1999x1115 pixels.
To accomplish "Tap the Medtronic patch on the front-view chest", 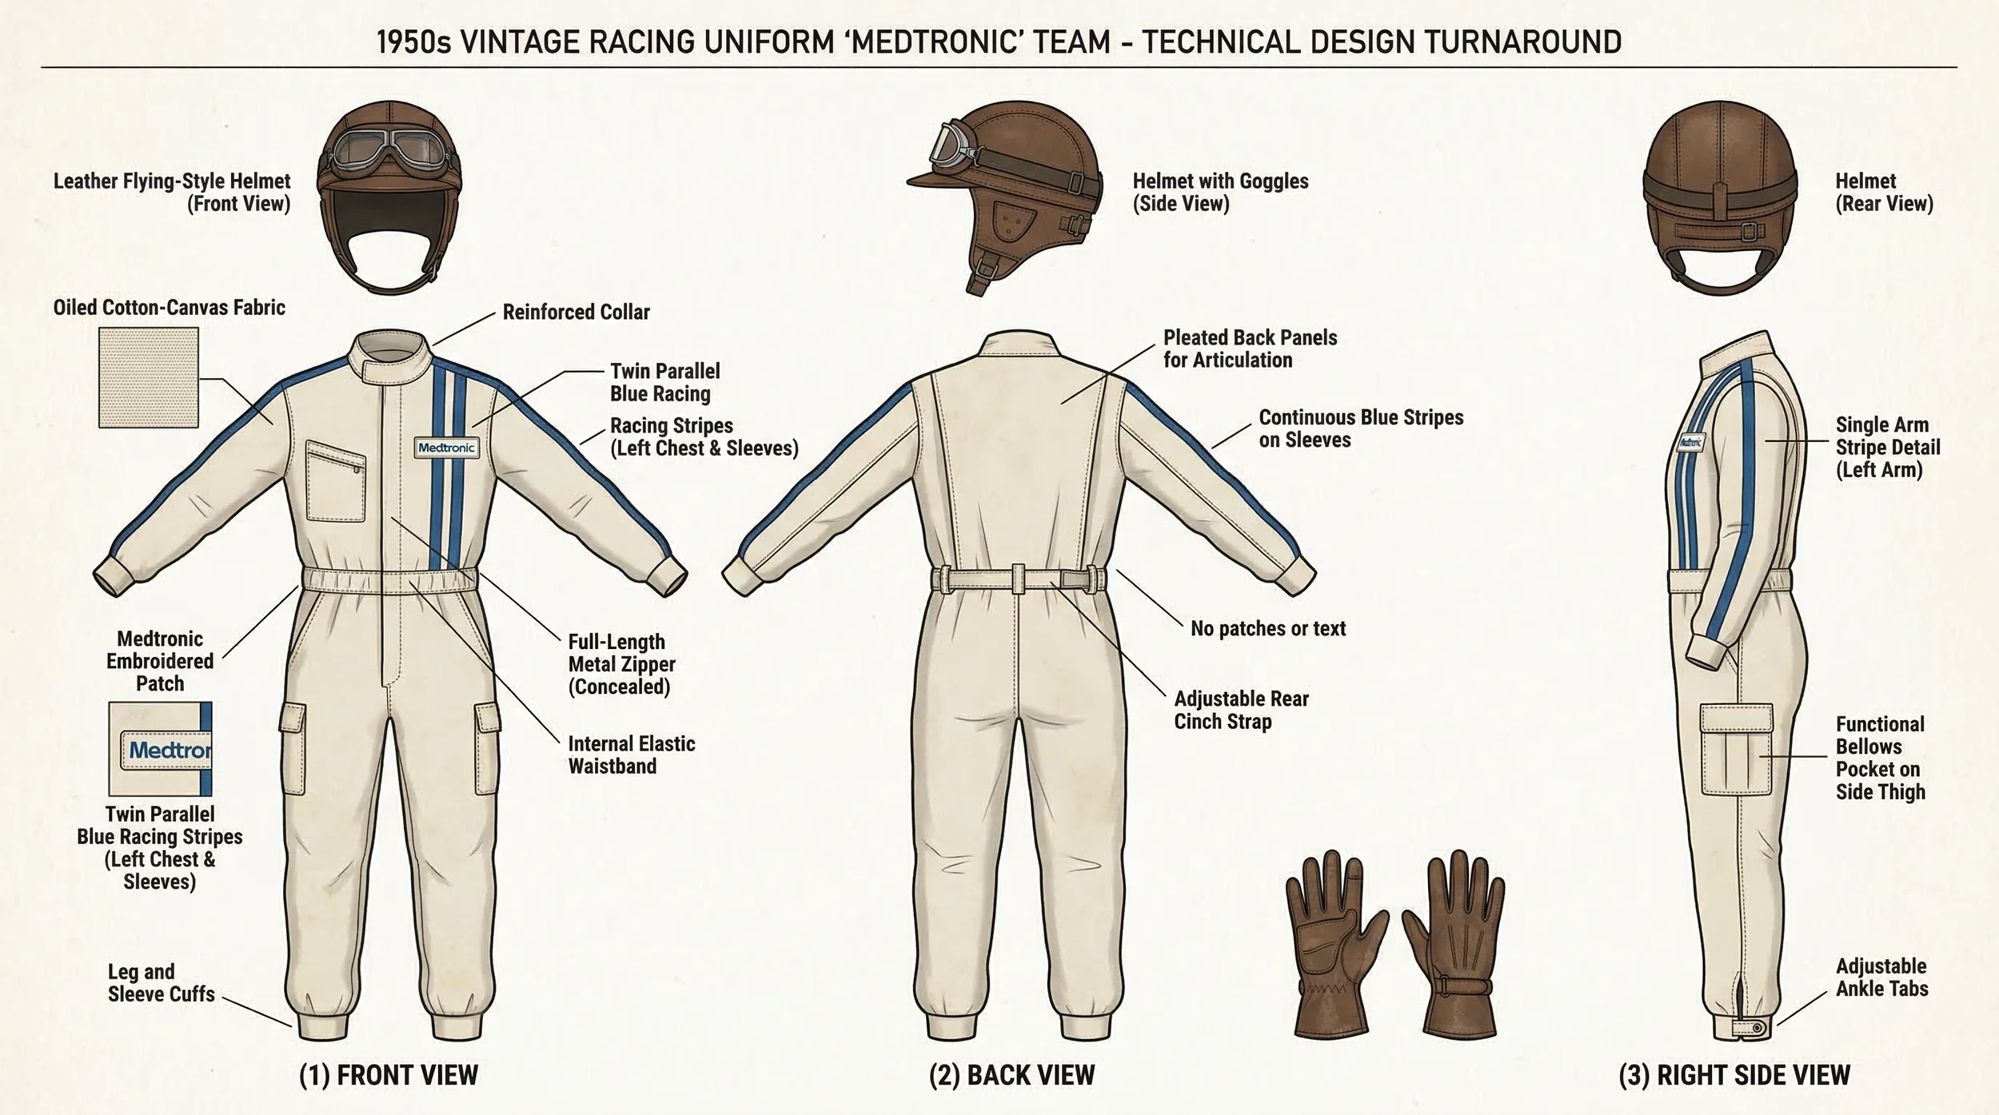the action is (x=446, y=448).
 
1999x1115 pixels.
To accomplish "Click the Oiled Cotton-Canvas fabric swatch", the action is (x=149, y=377).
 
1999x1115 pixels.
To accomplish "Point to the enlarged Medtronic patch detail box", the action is (x=160, y=749).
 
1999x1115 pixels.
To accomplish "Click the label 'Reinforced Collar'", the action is (x=576, y=312).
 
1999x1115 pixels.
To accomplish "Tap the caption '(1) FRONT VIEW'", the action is (x=389, y=1075).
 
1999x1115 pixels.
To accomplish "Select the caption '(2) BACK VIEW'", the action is (x=1011, y=1075).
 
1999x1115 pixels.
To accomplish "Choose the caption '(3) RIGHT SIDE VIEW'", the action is (x=1734, y=1075).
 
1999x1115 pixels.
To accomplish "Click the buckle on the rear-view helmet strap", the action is (x=1750, y=232).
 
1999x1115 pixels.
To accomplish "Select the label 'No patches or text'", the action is (x=1267, y=629).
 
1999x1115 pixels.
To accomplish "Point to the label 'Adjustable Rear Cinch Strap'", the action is (x=1241, y=710).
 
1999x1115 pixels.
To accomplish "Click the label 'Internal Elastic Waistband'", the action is (x=631, y=755).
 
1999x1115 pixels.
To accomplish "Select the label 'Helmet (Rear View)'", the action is (x=1884, y=192).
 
